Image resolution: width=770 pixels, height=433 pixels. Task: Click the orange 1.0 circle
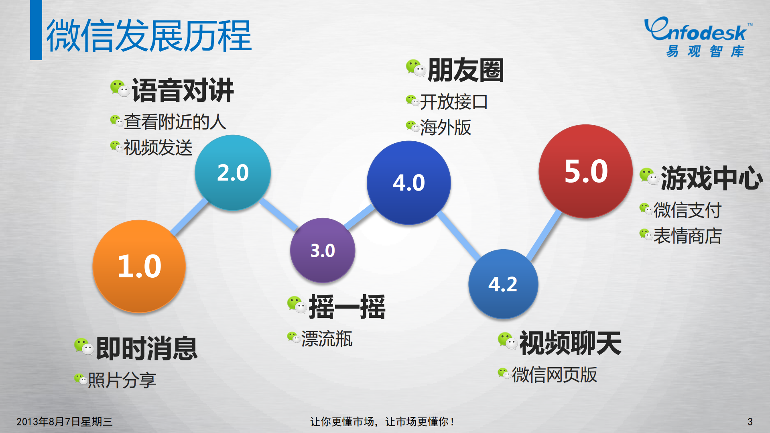139,266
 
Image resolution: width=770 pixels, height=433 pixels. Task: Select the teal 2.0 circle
233,173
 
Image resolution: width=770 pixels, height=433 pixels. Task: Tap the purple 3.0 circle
323,250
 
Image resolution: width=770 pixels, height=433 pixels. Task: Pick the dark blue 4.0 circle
408,183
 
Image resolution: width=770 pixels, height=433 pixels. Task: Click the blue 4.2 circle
503,284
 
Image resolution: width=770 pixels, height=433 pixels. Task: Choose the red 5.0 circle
585,171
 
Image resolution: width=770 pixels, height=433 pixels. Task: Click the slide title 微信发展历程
149,36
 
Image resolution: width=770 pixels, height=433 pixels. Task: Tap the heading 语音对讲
183,90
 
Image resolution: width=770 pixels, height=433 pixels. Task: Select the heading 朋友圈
465,70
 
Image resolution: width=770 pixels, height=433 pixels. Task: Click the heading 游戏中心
711,178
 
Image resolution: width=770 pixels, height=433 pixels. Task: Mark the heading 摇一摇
347,307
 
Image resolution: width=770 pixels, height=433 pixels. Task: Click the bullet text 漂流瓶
327,339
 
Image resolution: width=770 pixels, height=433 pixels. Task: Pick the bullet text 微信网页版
554,375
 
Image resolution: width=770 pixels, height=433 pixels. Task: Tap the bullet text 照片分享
122,380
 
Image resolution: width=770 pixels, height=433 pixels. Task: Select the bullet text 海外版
445,128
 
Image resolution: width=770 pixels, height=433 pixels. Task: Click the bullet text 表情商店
687,236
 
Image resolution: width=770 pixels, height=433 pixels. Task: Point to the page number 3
750,421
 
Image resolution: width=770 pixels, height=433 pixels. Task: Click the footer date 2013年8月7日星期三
64,421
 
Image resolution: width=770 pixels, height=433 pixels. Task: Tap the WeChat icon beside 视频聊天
507,341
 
